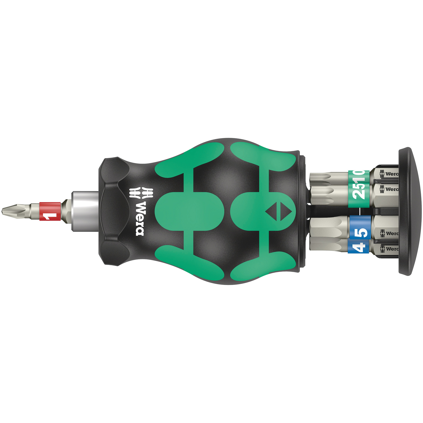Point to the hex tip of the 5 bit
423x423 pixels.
328,227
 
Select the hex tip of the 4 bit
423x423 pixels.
328,245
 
